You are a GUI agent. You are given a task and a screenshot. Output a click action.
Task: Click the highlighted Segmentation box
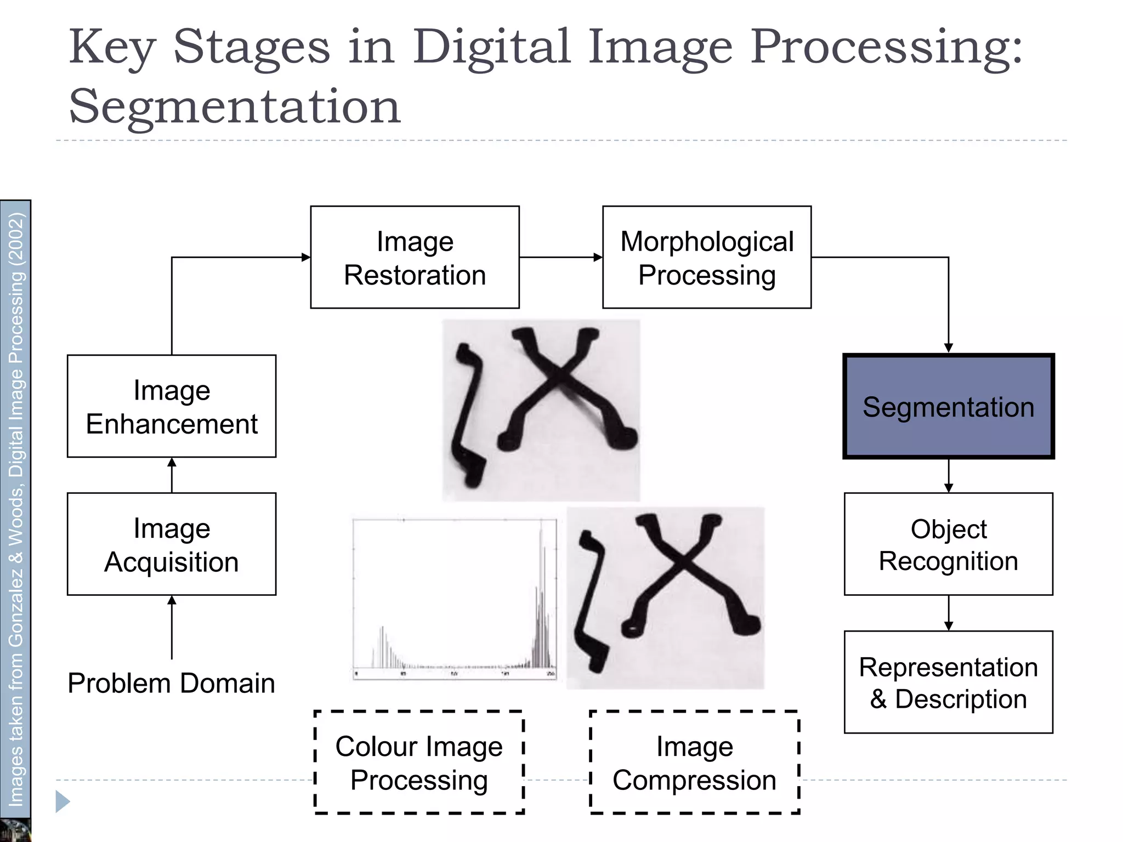point(948,406)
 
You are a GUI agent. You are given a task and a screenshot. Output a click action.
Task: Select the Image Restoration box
point(415,257)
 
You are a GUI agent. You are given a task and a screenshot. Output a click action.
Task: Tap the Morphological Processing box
point(706,257)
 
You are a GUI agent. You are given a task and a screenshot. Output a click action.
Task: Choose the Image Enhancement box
point(172,406)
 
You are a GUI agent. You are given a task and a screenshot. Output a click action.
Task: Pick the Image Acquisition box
point(172,544)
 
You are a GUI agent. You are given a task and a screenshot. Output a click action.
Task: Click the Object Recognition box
point(948,544)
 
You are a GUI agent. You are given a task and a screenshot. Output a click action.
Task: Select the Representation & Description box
point(948,682)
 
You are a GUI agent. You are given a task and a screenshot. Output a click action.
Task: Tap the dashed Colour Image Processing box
point(419,762)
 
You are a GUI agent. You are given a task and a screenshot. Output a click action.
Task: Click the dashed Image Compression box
point(694,762)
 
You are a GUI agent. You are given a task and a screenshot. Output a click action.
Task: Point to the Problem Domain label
point(171,683)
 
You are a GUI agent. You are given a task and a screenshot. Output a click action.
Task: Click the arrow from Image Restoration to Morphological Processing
point(560,257)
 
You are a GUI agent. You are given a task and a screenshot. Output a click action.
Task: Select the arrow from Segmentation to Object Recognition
point(949,475)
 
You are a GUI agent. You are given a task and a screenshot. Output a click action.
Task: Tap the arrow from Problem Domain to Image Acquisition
point(172,627)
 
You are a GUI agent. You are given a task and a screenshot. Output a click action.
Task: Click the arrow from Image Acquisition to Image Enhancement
point(172,475)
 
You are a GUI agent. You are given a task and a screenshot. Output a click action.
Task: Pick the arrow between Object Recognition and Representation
point(949,613)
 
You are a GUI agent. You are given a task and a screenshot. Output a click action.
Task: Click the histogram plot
point(454,599)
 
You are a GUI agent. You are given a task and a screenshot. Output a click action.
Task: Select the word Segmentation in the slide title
point(235,106)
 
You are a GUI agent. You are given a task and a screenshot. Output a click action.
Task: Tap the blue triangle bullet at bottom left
point(63,801)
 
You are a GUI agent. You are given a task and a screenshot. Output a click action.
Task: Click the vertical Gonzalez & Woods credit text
point(16,510)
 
